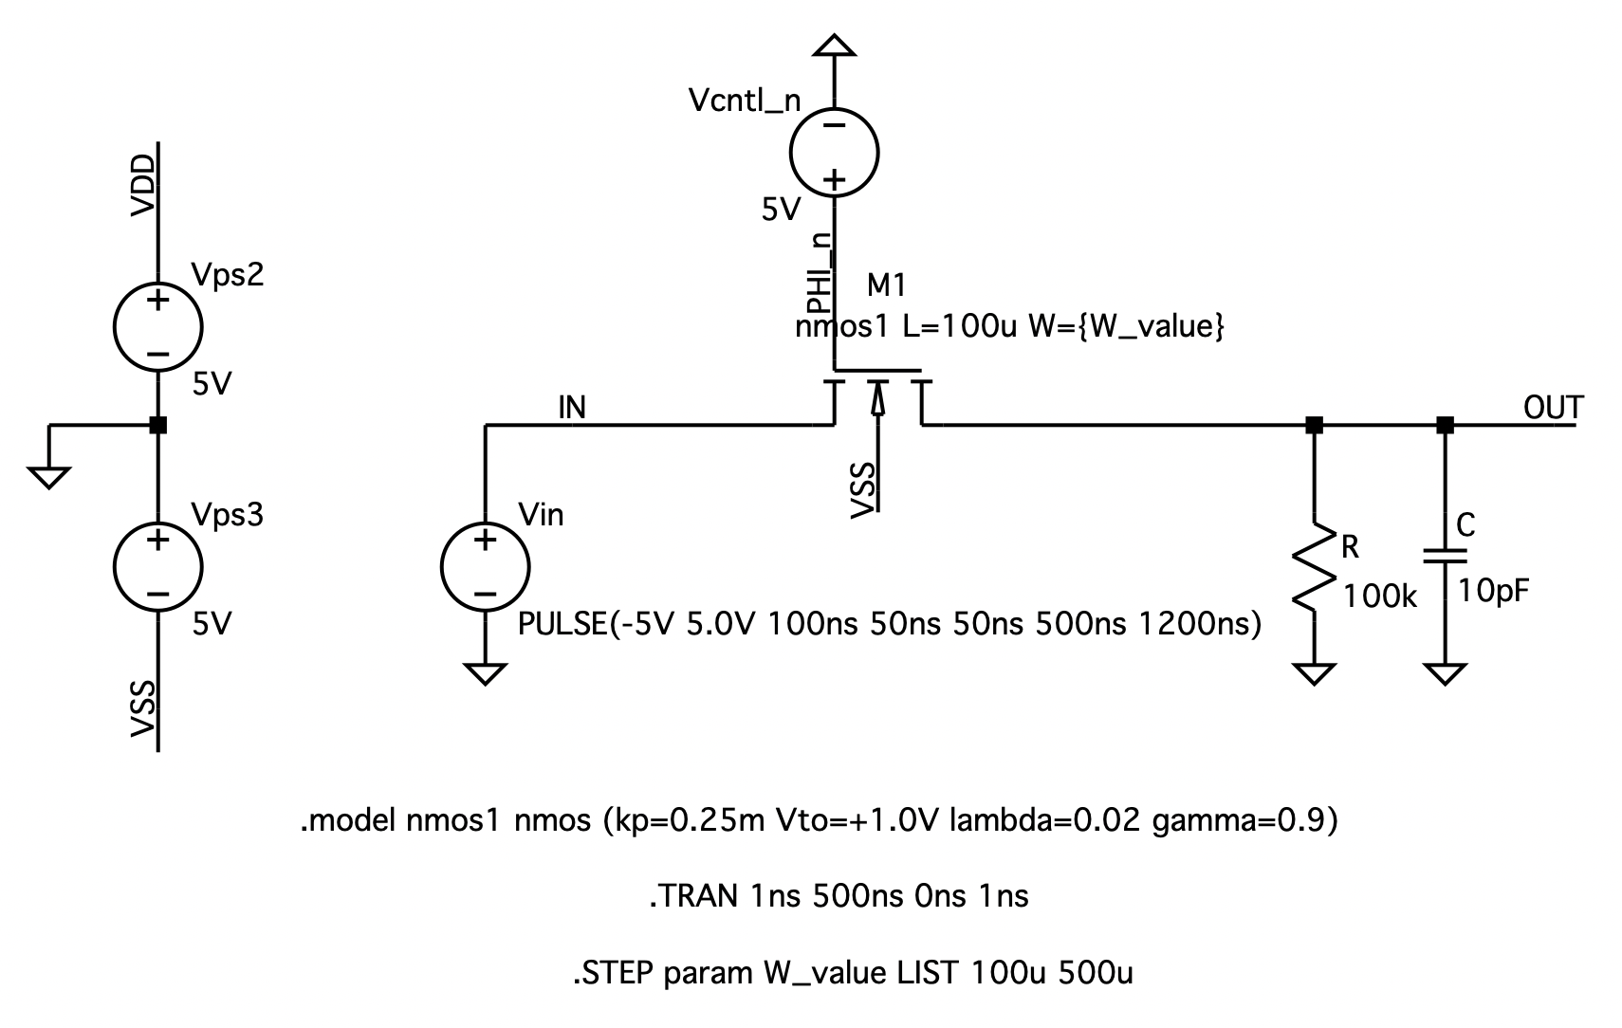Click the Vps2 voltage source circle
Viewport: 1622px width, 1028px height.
[x=157, y=327]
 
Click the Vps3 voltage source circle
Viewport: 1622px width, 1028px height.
[x=157, y=567]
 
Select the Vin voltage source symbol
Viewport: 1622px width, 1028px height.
[x=485, y=567]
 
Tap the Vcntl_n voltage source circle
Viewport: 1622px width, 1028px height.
[x=834, y=152]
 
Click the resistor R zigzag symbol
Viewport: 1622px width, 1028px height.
[x=1314, y=566]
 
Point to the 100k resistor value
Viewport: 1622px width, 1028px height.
[x=1380, y=597]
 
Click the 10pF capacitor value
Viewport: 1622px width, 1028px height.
[x=1493, y=591]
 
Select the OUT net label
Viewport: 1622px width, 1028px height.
[x=1553, y=408]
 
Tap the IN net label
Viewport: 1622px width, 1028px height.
[x=572, y=408]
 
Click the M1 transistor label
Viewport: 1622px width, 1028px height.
[x=887, y=285]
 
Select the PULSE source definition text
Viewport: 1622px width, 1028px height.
[x=889, y=624]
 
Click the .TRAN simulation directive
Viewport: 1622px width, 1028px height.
[x=839, y=896]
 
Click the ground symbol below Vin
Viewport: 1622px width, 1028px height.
[x=485, y=673]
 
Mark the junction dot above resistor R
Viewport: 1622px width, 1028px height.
[x=1314, y=425]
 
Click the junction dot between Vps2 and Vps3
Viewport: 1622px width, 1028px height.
[x=158, y=425]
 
